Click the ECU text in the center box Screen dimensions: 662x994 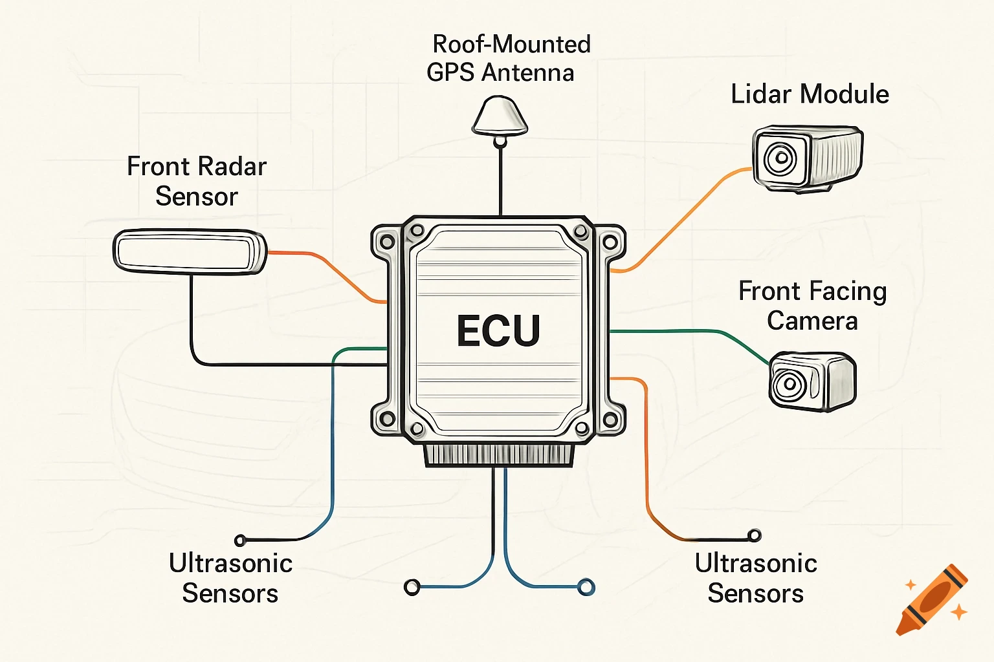tap(498, 331)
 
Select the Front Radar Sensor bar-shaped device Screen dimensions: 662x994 tap(190, 251)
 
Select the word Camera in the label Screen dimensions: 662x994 tap(812, 321)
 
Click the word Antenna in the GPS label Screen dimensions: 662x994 tap(527, 72)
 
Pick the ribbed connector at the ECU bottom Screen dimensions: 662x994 tap(498, 454)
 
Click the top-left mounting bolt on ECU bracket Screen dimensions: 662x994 tap(387, 242)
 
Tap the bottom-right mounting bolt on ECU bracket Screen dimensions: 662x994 tap(609, 420)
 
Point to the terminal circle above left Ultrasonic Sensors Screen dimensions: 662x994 tap(240, 540)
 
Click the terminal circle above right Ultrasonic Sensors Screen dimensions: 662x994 tap(754, 535)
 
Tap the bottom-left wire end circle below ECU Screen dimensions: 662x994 tap(412, 587)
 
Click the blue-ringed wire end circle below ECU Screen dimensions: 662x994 tap(586, 587)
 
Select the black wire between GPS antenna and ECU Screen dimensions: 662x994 tap(500, 181)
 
